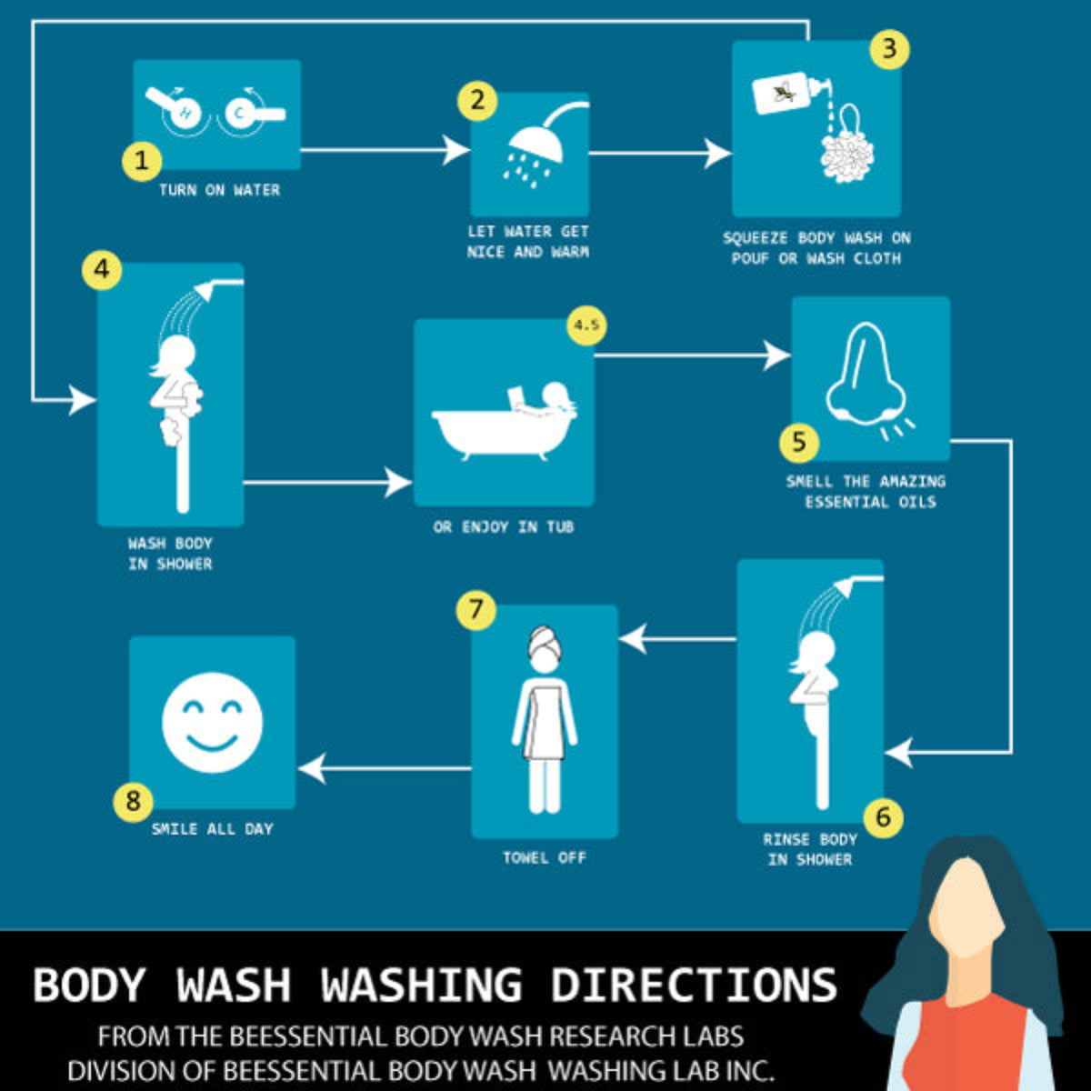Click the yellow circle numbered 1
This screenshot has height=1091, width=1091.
[x=141, y=161]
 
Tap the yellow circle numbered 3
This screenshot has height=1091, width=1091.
[x=889, y=48]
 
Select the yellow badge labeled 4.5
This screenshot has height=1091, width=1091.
[x=587, y=326]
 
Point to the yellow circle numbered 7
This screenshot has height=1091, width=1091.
[x=476, y=609]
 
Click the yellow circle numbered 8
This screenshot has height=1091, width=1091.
[x=134, y=801]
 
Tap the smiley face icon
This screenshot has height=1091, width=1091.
[x=213, y=722]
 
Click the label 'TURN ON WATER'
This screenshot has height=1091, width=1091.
[x=219, y=190]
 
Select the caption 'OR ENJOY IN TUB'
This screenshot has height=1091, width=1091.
[x=504, y=527]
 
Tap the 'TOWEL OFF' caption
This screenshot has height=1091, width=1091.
[x=545, y=857]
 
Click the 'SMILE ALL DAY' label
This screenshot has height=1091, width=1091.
[x=212, y=829]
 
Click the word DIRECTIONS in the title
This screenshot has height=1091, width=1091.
[x=694, y=985]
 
